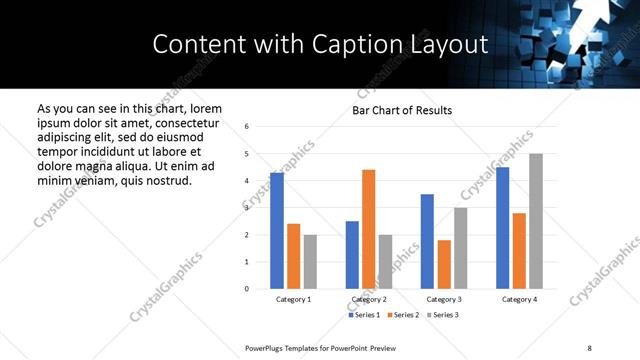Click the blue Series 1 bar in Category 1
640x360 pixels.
coord(277,231)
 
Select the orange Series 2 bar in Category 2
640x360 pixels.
coord(369,229)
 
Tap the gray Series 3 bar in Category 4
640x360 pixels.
coord(536,221)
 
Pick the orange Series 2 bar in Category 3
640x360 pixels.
coord(444,264)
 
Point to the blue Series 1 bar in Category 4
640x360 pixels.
coord(503,228)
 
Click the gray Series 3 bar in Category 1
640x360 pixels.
coord(311,262)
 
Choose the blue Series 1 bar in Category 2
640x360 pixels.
coord(352,255)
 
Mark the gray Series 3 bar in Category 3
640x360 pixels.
coord(461,248)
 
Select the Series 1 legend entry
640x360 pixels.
coord(364,315)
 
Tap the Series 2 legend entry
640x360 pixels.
coord(401,315)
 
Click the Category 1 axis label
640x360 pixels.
coord(294,299)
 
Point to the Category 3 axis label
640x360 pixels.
coord(444,299)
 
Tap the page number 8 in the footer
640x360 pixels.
coord(589,347)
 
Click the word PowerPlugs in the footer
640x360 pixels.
coord(266,347)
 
